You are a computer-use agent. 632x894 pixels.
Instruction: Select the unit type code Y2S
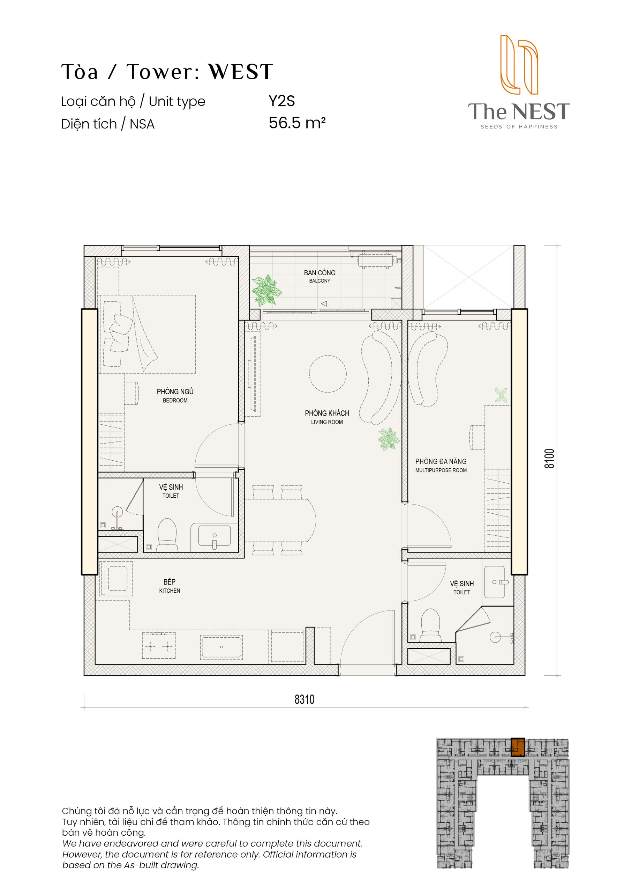(282, 101)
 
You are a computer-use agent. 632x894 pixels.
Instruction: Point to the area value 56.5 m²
(297, 123)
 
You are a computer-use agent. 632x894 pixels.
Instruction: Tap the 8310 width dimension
(304, 699)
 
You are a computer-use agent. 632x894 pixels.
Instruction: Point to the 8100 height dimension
(549, 459)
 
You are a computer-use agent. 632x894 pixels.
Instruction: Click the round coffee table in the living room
(328, 374)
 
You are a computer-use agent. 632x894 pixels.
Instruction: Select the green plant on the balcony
(266, 290)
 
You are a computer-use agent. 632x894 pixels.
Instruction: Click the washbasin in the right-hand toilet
(495, 582)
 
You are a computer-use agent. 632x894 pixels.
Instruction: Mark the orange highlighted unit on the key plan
(518, 747)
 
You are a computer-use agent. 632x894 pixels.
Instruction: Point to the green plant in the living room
(389, 439)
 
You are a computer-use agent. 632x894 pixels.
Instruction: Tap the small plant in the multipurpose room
(501, 395)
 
